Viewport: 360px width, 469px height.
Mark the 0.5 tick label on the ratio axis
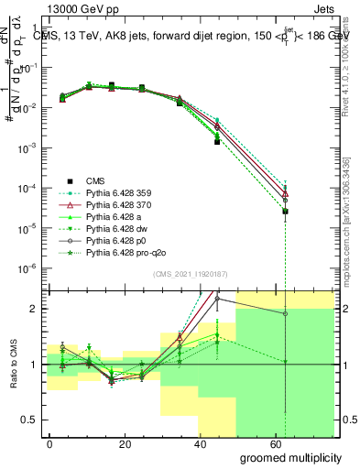click(x=29, y=420)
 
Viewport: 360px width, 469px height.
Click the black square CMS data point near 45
click(x=217, y=142)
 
